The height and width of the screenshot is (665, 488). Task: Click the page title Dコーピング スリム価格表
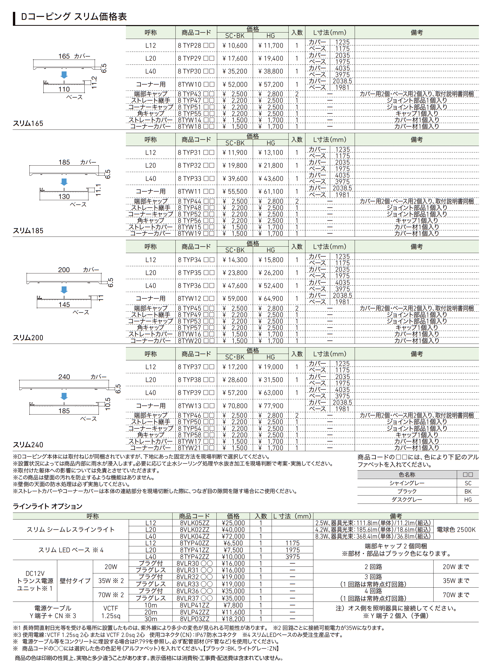point(74,17)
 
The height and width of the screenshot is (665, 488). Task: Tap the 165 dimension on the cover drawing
point(64,56)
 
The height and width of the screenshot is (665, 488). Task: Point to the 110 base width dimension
point(64,89)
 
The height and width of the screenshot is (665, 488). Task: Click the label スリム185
point(28,231)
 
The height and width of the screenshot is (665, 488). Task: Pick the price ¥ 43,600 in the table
point(271,179)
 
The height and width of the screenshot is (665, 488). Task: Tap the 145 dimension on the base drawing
point(64,305)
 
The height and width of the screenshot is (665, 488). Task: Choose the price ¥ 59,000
point(235,299)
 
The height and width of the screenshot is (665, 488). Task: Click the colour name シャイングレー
point(407,483)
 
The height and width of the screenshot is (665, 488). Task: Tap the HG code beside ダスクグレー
point(468,500)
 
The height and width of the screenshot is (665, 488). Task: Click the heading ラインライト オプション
point(47,506)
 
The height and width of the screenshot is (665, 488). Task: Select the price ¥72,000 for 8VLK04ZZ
point(233,537)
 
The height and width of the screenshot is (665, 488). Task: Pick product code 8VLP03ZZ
point(194,619)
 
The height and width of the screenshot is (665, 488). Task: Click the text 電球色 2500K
point(456,530)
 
